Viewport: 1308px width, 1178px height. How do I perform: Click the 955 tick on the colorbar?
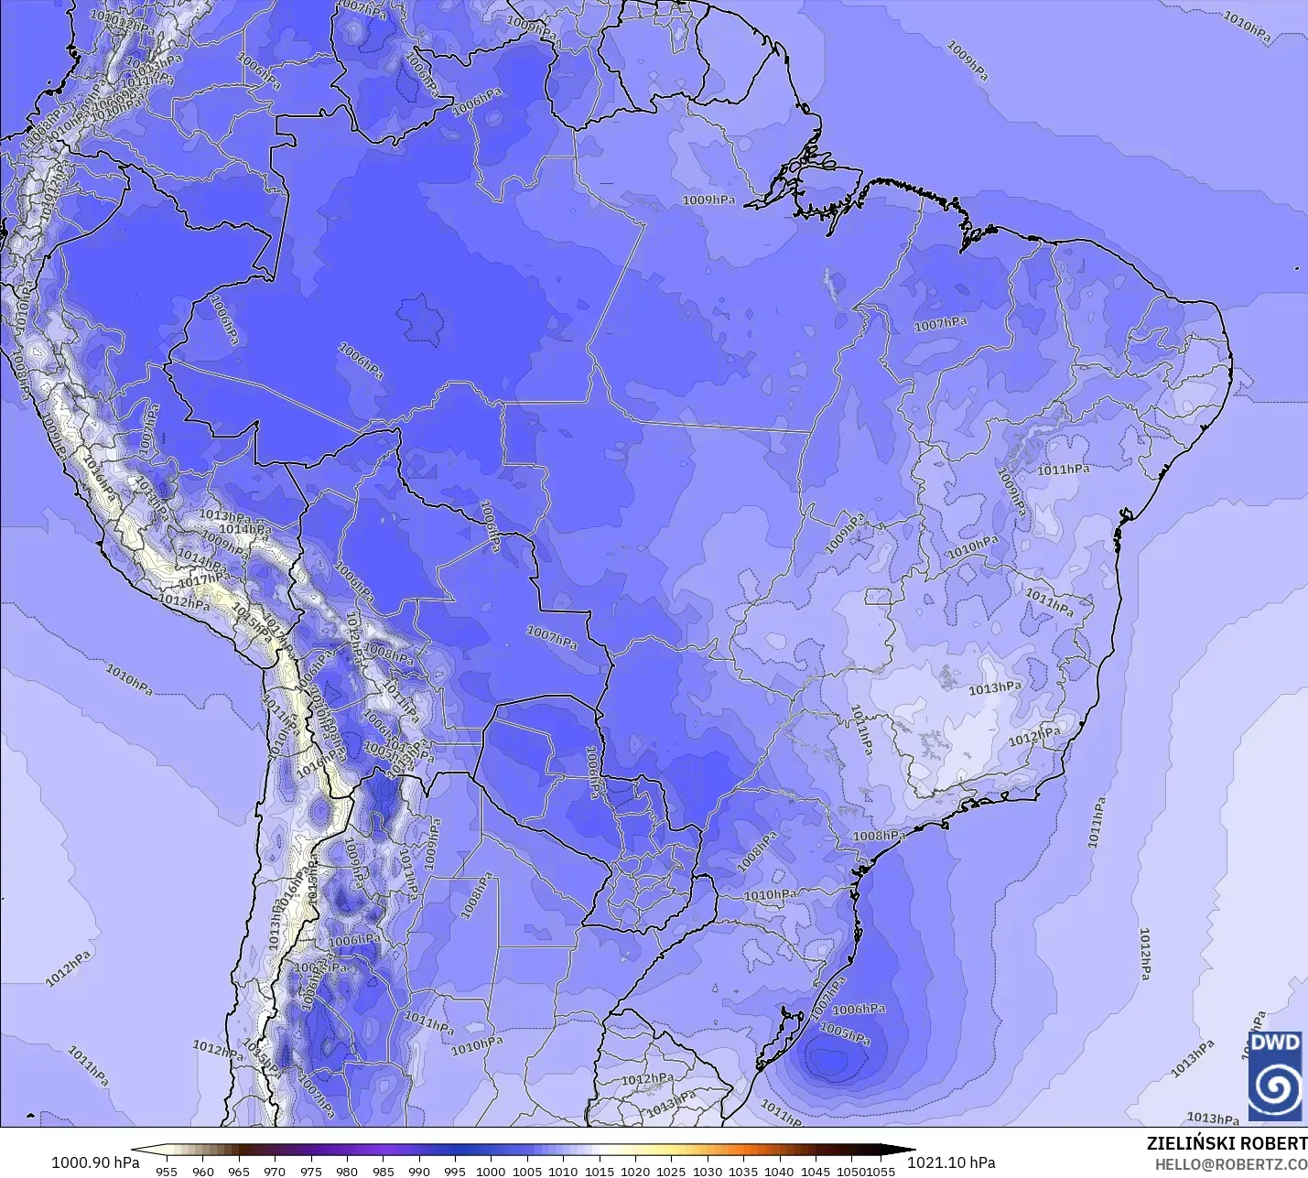167,1171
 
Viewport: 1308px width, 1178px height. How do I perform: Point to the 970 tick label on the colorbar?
275,1171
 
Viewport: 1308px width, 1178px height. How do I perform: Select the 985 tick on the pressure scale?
383,1171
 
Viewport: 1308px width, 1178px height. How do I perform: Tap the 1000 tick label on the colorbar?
491,1171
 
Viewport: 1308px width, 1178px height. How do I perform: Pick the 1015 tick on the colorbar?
599,1171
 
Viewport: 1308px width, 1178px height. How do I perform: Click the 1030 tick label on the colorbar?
707,1171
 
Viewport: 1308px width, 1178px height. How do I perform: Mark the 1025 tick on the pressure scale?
671,1171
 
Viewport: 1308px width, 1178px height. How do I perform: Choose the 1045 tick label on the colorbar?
815,1171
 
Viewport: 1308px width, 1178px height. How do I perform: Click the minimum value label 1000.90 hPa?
95,1162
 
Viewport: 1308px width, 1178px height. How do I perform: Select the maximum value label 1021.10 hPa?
951,1162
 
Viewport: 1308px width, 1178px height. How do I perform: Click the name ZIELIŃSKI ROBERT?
1227,1144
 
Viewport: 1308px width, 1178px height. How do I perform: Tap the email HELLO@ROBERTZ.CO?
1230,1164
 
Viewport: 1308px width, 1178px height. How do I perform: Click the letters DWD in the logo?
1275,1043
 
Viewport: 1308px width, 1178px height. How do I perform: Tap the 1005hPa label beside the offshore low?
844,1034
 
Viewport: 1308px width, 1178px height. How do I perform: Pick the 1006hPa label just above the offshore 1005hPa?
859,1009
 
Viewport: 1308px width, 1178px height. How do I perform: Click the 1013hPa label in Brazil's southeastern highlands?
995,687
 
